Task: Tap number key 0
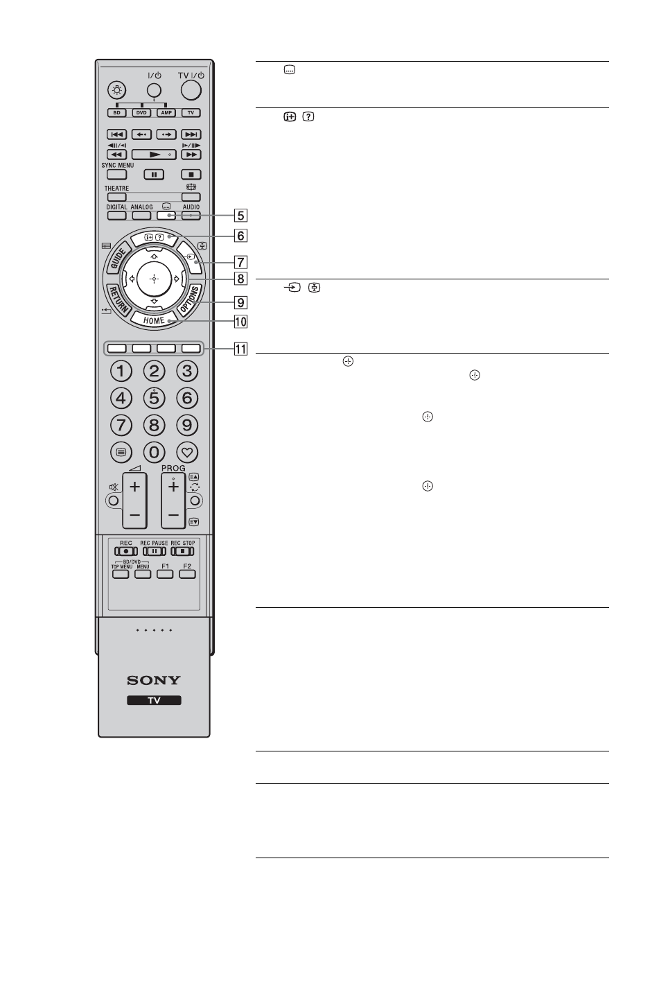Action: click(154, 453)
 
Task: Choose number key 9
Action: click(186, 425)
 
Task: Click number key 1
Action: click(121, 372)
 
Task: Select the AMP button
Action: click(166, 112)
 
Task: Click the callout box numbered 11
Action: click(240, 349)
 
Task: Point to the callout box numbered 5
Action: click(240, 215)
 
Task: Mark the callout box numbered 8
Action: click(240, 279)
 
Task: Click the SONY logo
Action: click(154, 680)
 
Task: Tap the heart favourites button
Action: click(186, 453)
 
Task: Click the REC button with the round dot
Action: click(126, 551)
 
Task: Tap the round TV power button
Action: click(191, 89)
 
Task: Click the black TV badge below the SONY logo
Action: click(154, 700)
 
